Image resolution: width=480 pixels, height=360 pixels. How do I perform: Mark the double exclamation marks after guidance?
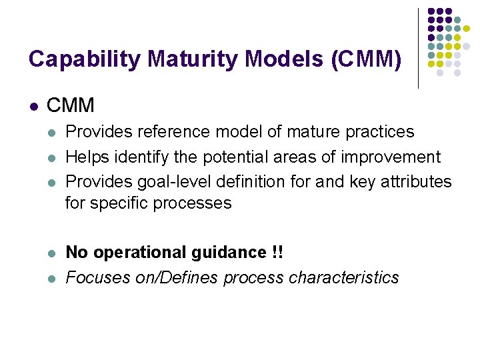pos(277,253)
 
